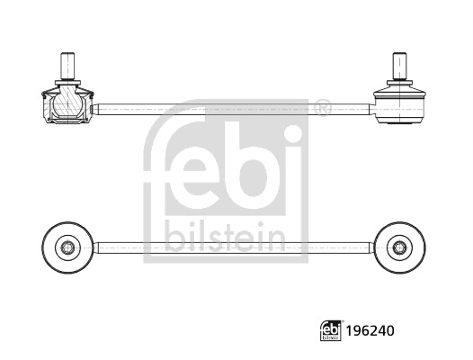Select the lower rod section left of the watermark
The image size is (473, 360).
pos(117,246)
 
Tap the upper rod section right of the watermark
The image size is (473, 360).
pos(346,110)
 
